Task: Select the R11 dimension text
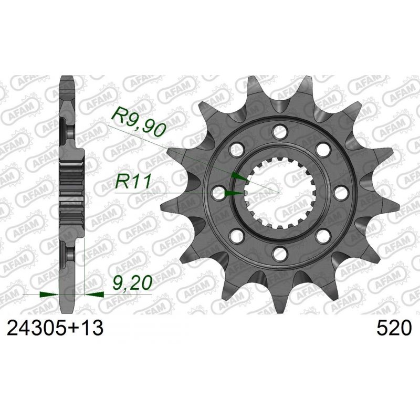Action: tap(133, 182)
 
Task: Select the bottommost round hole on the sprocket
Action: tap(279, 253)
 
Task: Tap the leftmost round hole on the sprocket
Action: tap(218, 193)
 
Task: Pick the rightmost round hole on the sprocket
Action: tap(340, 193)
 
